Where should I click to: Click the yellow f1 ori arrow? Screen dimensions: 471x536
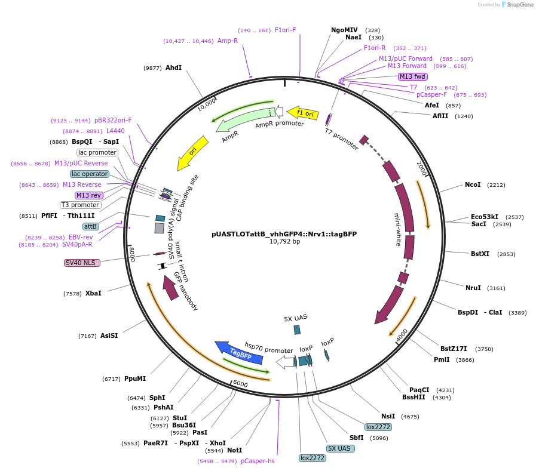tap(302, 112)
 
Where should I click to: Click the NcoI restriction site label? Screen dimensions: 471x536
tap(473, 184)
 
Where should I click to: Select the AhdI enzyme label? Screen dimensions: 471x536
tap(173, 67)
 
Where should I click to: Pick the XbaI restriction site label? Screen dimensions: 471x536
tap(93, 293)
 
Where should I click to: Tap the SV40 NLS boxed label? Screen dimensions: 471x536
tap(79, 263)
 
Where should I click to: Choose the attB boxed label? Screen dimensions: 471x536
tap(90, 226)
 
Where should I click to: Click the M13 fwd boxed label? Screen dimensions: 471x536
tap(413, 76)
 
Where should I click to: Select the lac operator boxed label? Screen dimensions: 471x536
tap(89, 174)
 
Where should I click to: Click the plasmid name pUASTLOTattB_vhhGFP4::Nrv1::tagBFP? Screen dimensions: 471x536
tap(284, 234)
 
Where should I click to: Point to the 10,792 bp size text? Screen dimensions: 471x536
tap(284, 242)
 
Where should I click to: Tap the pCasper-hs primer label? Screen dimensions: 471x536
tap(258, 461)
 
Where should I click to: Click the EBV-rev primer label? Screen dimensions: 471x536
tap(81, 237)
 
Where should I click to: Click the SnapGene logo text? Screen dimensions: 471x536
tap(518, 5)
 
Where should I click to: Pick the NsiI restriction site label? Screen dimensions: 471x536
tap(388, 416)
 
